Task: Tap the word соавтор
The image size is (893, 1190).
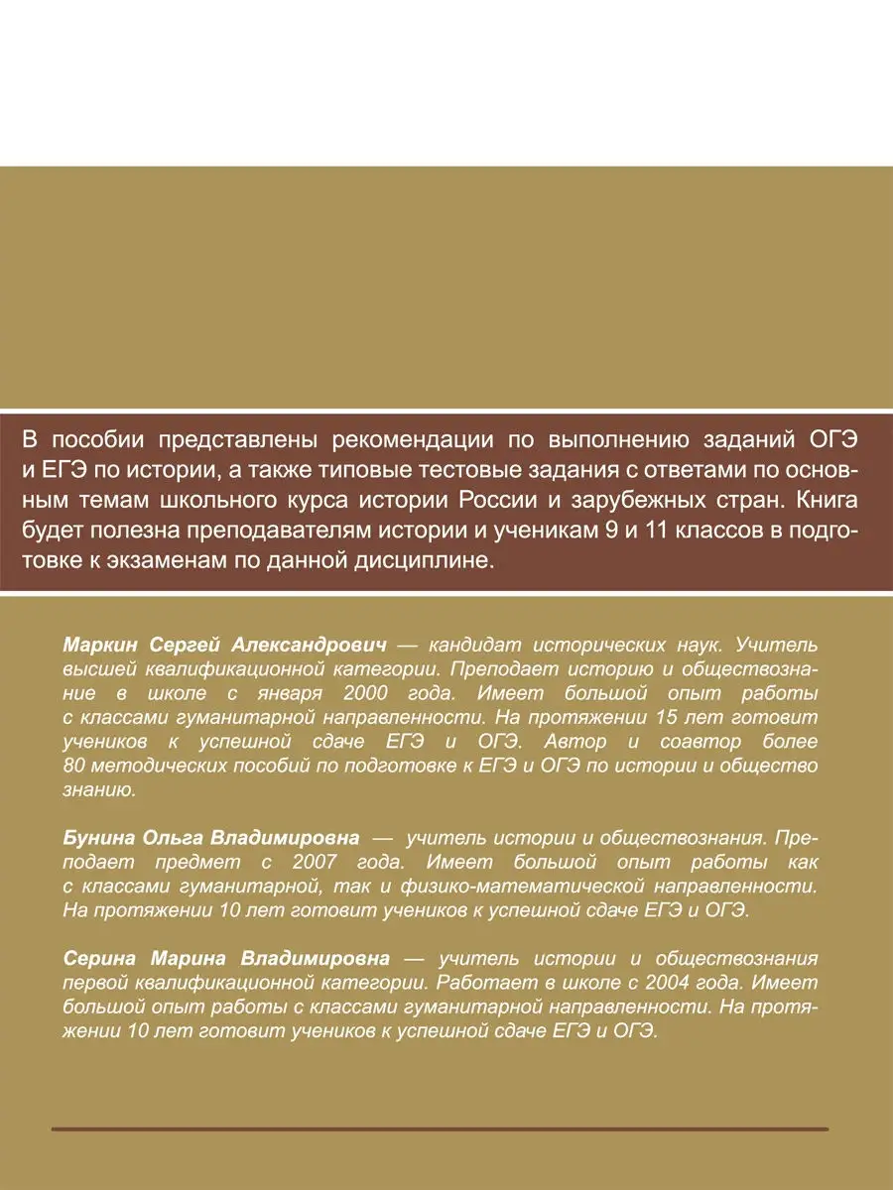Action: click(x=691, y=740)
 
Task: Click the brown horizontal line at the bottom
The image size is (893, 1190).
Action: click(x=439, y=1129)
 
